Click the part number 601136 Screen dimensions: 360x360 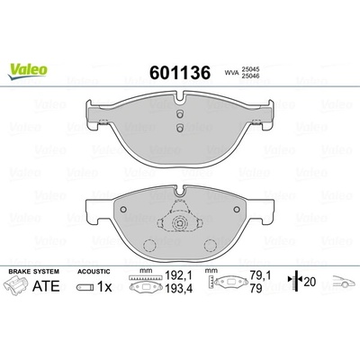click(180, 73)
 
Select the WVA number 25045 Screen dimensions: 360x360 click(250, 69)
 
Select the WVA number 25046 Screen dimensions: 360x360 click(250, 76)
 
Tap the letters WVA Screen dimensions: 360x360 click(231, 73)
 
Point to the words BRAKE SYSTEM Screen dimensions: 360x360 click(34, 272)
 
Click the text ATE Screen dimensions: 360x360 click(46, 286)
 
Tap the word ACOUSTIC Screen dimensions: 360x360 click(94, 272)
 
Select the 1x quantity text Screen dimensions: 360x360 click(104, 287)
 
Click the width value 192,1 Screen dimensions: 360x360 click(179, 275)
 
